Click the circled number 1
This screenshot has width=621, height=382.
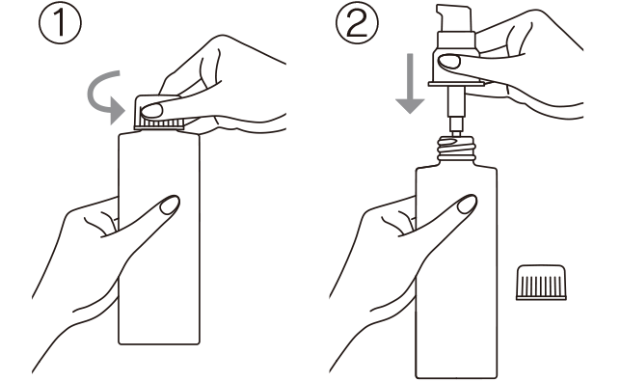pos(60,23)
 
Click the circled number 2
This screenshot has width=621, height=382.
pos(357,23)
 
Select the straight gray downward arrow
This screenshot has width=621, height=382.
pos(411,83)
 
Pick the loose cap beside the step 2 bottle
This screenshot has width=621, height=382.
pos(541,283)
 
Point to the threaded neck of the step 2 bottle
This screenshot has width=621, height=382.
pos(456,148)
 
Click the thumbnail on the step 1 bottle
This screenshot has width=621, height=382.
pos(170,205)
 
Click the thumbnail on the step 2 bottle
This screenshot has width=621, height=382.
pos(467,205)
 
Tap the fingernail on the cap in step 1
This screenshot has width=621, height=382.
pos(151,111)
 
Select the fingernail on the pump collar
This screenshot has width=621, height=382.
pos(448,61)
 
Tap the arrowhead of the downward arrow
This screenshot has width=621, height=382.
pos(411,106)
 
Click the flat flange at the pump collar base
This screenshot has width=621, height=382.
pos(456,84)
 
